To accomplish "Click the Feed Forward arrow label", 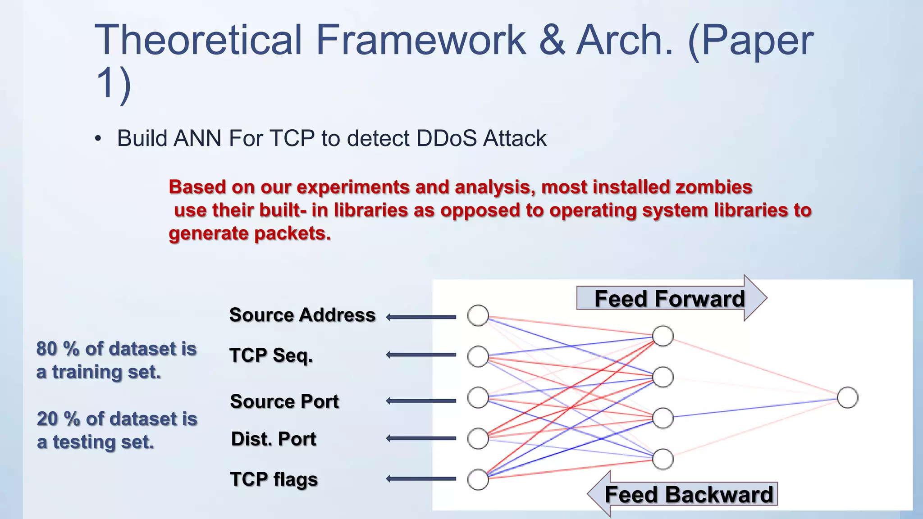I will (x=669, y=299).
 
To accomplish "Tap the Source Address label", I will (x=302, y=315).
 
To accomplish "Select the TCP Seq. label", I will (x=271, y=355).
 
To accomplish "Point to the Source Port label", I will (x=284, y=401).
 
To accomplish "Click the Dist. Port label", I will (x=274, y=439).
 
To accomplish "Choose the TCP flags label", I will (x=274, y=479).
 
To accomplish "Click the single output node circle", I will (x=847, y=398).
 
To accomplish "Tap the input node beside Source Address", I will (x=478, y=315).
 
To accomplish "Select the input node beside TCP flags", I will (x=478, y=479).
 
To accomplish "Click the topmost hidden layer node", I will (x=663, y=336).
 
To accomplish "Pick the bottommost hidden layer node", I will (x=663, y=459).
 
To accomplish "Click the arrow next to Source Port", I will (x=421, y=401).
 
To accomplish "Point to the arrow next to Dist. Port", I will (x=421, y=438).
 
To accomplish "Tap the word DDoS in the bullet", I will (x=446, y=138).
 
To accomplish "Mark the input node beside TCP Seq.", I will (x=478, y=356).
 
